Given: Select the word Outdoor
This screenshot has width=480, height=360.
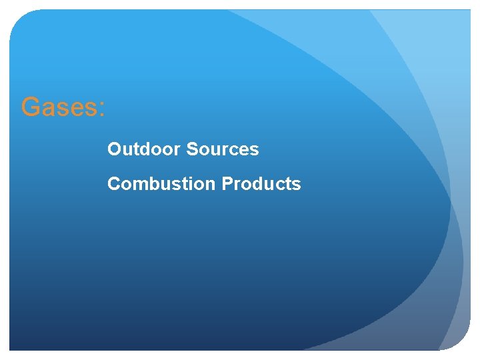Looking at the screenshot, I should [x=145, y=149].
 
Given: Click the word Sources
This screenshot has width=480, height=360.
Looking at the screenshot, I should [x=223, y=149].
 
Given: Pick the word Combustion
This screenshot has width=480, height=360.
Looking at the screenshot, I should [x=162, y=184].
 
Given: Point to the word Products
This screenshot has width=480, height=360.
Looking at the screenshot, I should [x=261, y=184].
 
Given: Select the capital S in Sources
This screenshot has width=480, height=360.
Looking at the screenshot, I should [x=193, y=149].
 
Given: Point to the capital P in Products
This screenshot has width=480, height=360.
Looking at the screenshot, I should [x=227, y=184].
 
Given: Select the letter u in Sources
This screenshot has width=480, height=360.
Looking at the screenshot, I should [x=213, y=151].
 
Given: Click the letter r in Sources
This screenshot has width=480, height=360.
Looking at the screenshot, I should [x=222, y=151].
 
